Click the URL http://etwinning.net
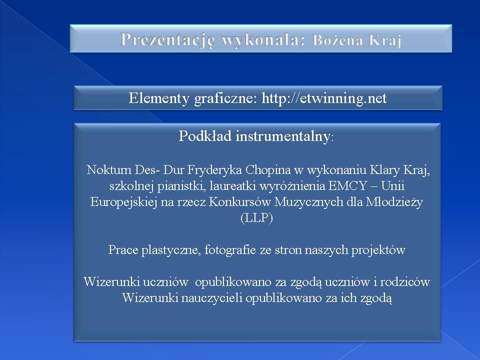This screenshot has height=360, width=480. click(x=324, y=98)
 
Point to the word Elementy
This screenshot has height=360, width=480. click(x=159, y=99)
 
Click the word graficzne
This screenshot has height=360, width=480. click(x=225, y=99)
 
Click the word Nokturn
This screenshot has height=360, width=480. click(x=108, y=169)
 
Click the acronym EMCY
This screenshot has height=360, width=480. click(x=347, y=186)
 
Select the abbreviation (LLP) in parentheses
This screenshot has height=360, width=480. click(x=256, y=218)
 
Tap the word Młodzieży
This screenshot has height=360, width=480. click(x=394, y=202)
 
